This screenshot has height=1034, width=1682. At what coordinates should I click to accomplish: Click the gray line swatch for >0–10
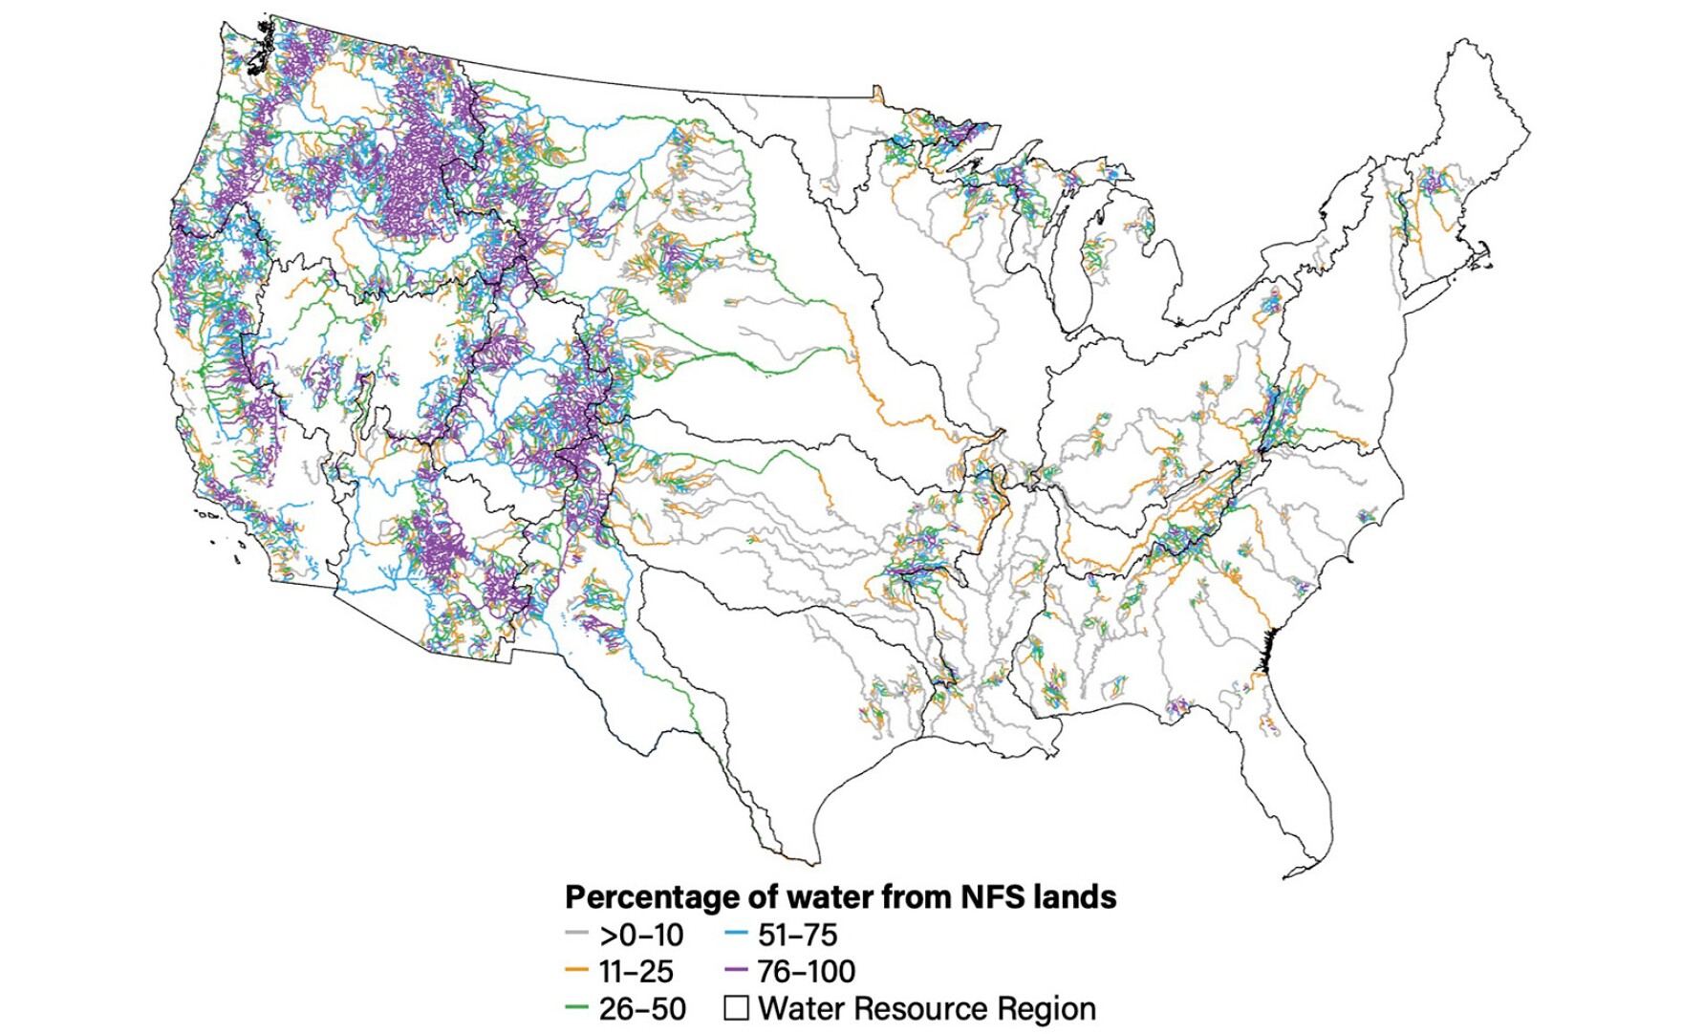576,934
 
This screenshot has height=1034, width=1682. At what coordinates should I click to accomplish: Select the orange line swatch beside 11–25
576,971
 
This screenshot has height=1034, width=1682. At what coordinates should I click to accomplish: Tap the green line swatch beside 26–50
576,1008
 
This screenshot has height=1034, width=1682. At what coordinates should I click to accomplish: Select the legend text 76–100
806,972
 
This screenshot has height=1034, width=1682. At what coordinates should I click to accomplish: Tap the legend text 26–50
642,1009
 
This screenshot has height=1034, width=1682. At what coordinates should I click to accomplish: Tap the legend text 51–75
797,935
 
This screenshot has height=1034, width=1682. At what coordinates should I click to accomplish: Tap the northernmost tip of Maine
1459,42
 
